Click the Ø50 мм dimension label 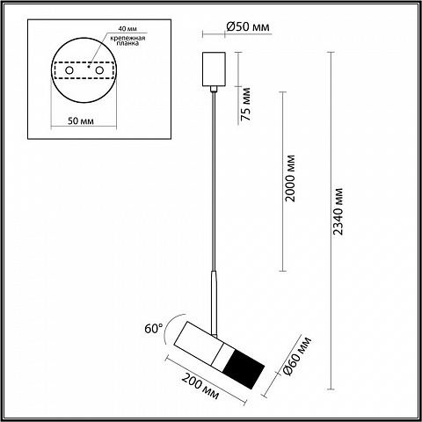pyautogui.click(x=248, y=26)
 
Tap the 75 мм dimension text pyautogui.click(x=245, y=104)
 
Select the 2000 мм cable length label pyautogui.click(x=290, y=178)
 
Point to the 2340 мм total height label pyautogui.click(x=338, y=211)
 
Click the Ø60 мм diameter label pyautogui.click(x=296, y=356)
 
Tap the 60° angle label pyautogui.click(x=154, y=329)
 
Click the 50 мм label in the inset pyautogui.click(x=81, y=120)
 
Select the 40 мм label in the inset pyautogui.click(x=127, y=29)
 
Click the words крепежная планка pyautogui.click(x=127, y=40)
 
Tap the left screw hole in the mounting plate pyautogui.click(x=69, y=70)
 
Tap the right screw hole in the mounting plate pyautogui.click(x=99, y=70)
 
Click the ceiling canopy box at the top pyautogui.click(x=214, y=69)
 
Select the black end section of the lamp pyautogui.click(x=244, y=369)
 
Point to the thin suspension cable pyautogui.click(x=214, y=182)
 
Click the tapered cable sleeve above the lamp pyautogui.click(x=214, y=302)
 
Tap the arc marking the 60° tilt pyautogui.click(x=169, y=328)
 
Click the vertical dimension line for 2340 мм pyautogui.click(x=331, y=221)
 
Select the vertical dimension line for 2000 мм pyautogui.click(x=282, y=181)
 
